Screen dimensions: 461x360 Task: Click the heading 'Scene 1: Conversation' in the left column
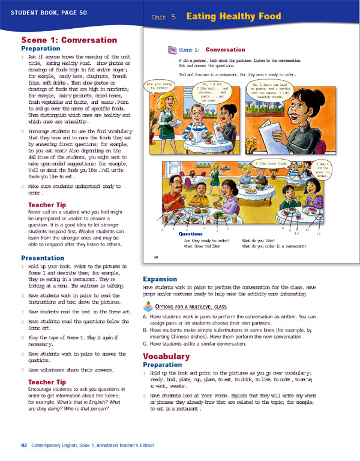69,40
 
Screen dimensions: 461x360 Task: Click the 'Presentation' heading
43,258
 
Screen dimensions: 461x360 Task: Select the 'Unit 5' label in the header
164,19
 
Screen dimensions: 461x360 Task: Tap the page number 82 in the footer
24,445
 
